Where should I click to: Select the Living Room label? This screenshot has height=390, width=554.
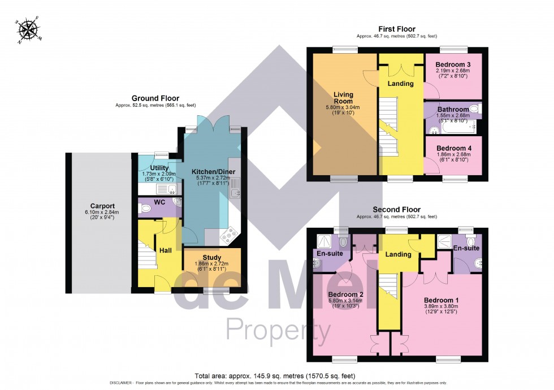[x=343, y=98]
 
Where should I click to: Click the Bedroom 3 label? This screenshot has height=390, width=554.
[x=453, y=64]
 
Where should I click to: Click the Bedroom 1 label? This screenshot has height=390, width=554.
[x=441, y=300]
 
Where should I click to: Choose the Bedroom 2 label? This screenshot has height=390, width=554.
[x=345, y=294]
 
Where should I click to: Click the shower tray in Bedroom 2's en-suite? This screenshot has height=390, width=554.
[x=321, y=240]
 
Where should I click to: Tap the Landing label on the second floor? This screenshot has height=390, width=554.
[x=398, y=254]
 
